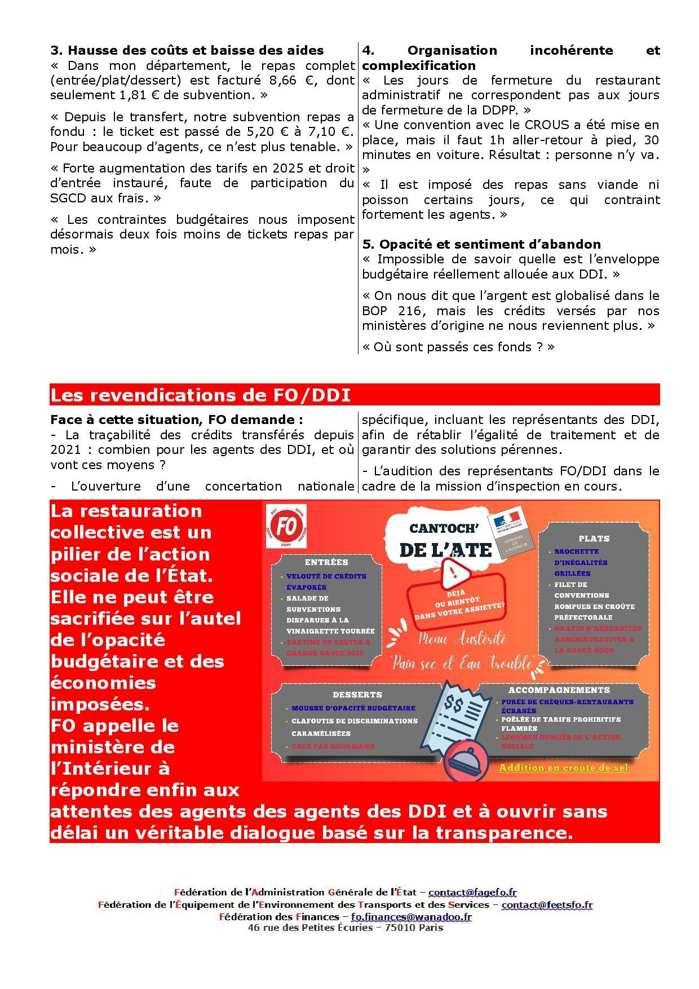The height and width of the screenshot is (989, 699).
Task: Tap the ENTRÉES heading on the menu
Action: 326,562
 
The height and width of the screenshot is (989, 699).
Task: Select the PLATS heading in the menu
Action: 594,538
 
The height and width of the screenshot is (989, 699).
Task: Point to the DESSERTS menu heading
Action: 357,695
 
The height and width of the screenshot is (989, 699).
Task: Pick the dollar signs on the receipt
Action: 454,703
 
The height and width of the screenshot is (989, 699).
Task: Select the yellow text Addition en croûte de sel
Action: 563,767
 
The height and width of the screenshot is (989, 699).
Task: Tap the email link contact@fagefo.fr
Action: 472,892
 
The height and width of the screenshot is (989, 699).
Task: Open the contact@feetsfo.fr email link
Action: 546,904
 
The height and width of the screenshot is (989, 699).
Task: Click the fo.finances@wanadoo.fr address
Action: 411,916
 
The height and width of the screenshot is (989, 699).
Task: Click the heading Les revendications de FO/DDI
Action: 200,395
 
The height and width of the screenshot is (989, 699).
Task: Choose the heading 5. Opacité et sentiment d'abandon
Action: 481,244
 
